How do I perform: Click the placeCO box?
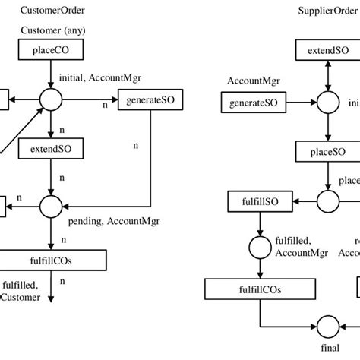(51, 51)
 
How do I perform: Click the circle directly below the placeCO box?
(51, 99)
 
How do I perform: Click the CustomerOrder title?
(52, 11)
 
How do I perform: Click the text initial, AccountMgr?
(92, 77)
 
